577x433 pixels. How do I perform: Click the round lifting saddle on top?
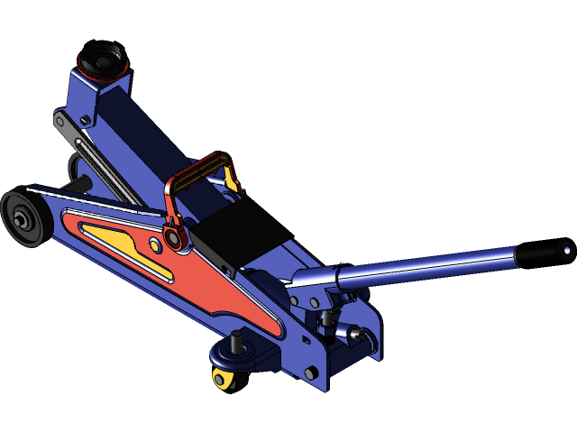pyautogui.click(x=100, y=59)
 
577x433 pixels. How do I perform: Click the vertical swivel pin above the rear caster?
pyautogui.click(x=237, y=343)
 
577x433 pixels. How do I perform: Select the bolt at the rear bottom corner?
pyautogui.click(x=311, y=373)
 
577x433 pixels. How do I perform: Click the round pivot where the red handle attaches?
pyautogui.click(x=173, y=238)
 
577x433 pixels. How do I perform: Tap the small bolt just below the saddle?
pyautogui.click(x=85, y=120)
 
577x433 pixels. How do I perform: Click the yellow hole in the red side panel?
pyautogui.click(x=155, y=244)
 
